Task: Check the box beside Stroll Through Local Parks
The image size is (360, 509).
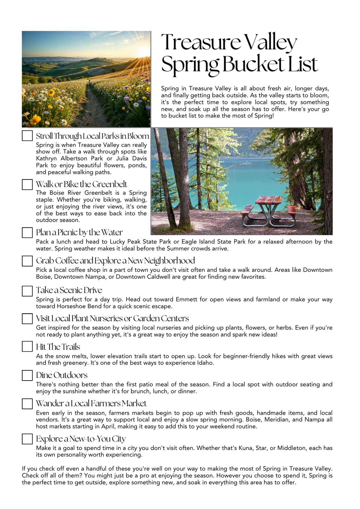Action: click(x=27, y=136)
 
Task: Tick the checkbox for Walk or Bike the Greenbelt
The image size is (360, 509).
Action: click(x=27, y=184)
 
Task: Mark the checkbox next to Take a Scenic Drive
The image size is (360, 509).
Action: click(x=27, y=291)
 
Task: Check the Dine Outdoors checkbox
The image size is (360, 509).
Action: click(x=27, y=375)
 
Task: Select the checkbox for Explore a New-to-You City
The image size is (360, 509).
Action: click(x=27, y=439)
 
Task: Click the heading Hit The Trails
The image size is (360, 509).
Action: click(x=58, y=347)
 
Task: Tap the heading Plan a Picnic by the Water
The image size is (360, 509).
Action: click(x=79, y=232)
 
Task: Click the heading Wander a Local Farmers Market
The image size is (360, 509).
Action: click(x=91, y=404)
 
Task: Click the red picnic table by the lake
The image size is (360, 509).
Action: click(x=269, y=210)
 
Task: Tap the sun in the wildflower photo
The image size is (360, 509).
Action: click(x=143, y=51)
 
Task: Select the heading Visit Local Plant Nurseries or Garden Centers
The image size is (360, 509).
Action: click(x=112, y=318)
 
